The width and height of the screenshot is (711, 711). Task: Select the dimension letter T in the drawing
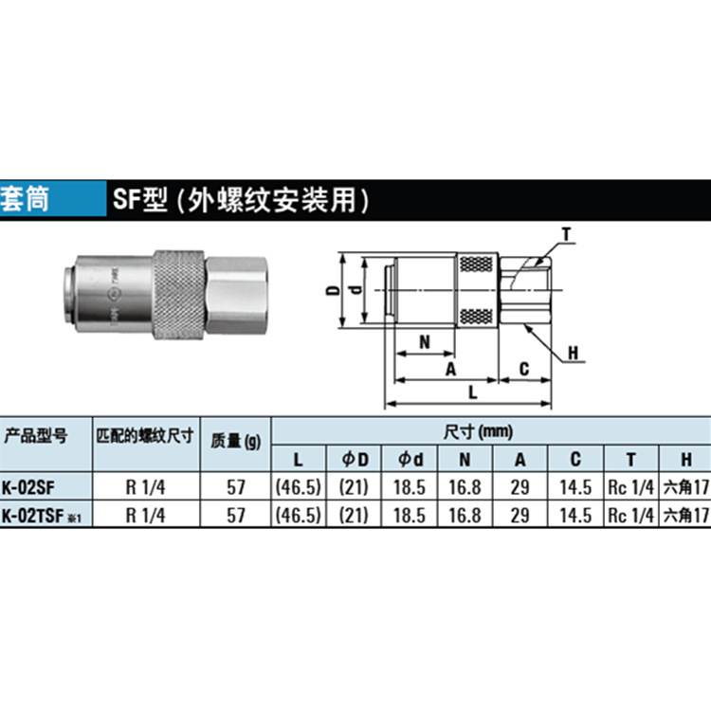[x=566, y=234]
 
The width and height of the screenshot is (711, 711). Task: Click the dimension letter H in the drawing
[x=574, y=354]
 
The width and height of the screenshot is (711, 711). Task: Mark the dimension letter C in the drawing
[x=523, y=368]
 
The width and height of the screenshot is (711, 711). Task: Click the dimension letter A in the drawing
[x=450, y=368]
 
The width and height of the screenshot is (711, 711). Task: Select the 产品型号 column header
[x=35, y=437]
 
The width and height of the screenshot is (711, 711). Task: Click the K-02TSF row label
[x=35, y=516]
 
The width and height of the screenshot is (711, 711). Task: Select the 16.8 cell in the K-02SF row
[x=463, y=488]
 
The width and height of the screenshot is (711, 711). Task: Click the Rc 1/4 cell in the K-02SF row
[x=630, y=488]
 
